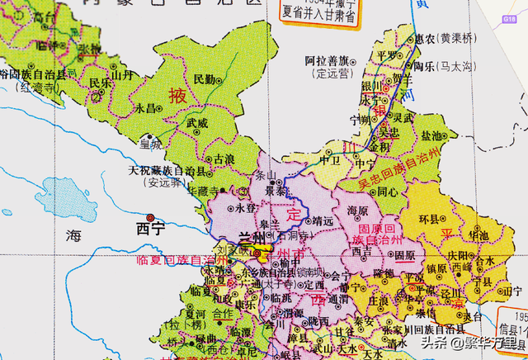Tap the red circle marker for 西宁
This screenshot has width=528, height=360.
pos(149,216)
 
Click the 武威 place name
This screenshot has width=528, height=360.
pos(196,122)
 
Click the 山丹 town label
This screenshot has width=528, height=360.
pos(122,74)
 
